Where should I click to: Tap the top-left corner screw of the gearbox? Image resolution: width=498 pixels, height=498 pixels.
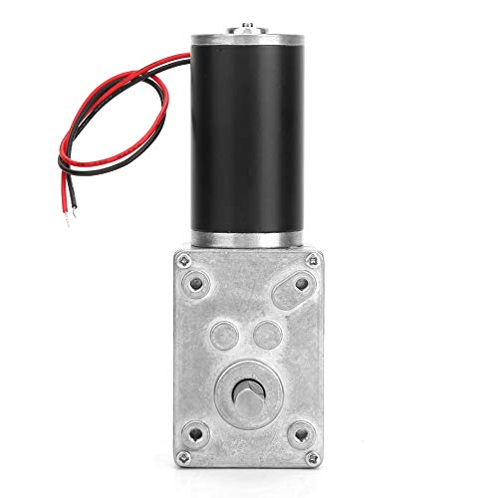[183, 260]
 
